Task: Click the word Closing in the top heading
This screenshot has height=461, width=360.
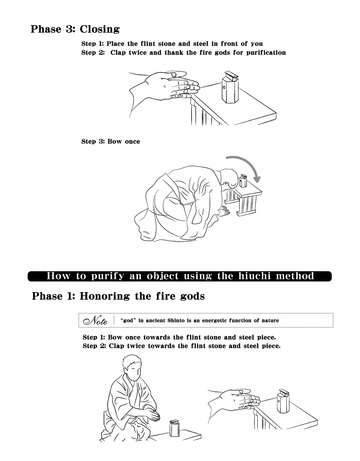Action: (100, 29)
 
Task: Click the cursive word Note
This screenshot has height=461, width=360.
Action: (95, 321)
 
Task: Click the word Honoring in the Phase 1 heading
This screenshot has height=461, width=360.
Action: (104, 296)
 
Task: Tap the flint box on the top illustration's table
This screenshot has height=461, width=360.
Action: (230, 88)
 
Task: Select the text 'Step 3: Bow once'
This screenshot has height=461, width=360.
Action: (111, 142)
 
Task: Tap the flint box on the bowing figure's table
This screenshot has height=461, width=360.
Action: (243, 181)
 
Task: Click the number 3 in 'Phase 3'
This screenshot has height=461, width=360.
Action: (69, 29)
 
